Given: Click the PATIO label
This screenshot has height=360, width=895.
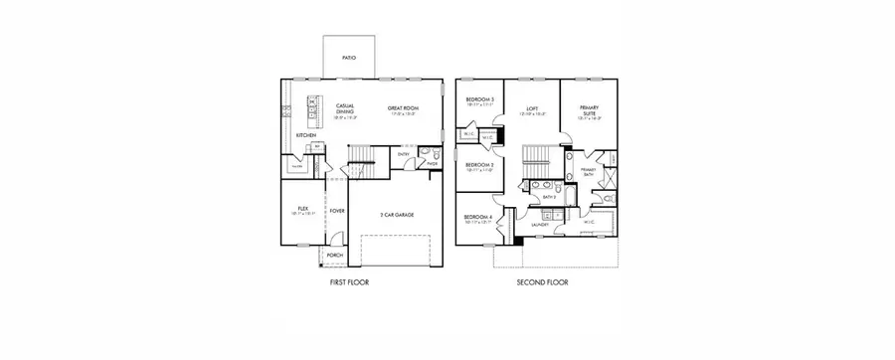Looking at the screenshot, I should (349, 59).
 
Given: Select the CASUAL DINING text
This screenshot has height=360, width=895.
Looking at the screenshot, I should (345, 108).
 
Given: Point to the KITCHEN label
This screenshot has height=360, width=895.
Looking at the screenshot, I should (305, 135).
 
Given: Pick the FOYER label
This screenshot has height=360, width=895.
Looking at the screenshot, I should (337, 211).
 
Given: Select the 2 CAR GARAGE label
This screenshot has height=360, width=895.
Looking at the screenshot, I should (398, 214).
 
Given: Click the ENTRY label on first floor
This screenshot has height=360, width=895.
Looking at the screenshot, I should (404, 154).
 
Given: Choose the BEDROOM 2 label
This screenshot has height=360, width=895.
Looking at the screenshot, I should (480, 165).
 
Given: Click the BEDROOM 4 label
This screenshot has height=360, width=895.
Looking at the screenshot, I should (479, 218).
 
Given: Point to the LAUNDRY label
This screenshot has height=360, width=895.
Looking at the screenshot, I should (540, 225).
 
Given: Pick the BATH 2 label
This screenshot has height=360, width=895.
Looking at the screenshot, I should (548, 197).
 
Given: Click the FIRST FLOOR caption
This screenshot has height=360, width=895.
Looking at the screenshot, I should (350, 283).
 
